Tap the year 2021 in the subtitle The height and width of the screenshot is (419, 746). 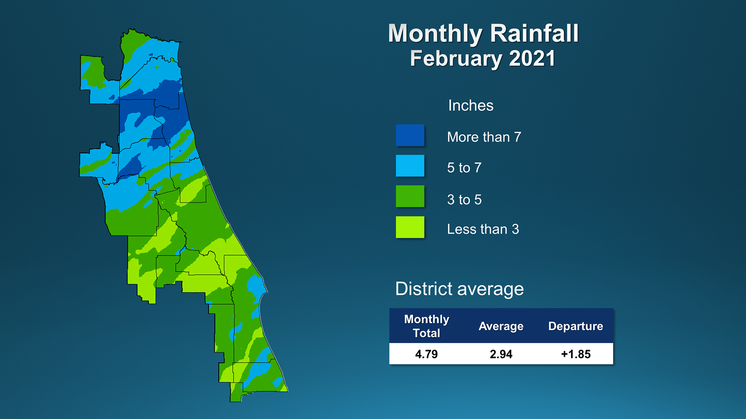pyautogui.click(x=532, y=59)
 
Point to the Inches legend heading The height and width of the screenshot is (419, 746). pyautogui.click(x=471, y=106)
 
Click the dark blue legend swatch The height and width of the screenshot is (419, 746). pyautogui.click(x=410, y=135)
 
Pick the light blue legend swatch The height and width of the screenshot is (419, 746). pyautogui.click(x=410, y=166)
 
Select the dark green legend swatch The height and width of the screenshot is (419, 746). pyautogui.click(x=410, y=196)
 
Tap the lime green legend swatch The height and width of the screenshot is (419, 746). pyautogui.click(x=410, y=227)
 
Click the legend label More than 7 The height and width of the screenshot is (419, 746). pyautogui.click(x=484, y=137)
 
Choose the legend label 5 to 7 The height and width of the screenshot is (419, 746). pyautogui.click(x=464, y=168)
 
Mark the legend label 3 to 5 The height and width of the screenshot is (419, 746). pyautogui.click(x=464, y=199)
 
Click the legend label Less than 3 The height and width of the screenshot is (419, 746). pyautogui.click(x=483, y=229)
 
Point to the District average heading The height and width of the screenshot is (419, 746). pyautogui.click(x=459, y=289)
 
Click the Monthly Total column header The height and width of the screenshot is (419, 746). pyautogui.click(x=427, y=326)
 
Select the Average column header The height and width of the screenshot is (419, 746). pyautogui.click(x=501, y=326)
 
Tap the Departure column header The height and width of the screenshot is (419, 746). pyautogui.click(x=576, y=326)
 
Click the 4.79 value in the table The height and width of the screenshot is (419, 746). pyautogui.click(x=426, y=354)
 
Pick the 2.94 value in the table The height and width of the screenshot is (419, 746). pyautogui.click(x=501, y=354)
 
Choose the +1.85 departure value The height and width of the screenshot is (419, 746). pyautogui.click(x=576, y=354)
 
